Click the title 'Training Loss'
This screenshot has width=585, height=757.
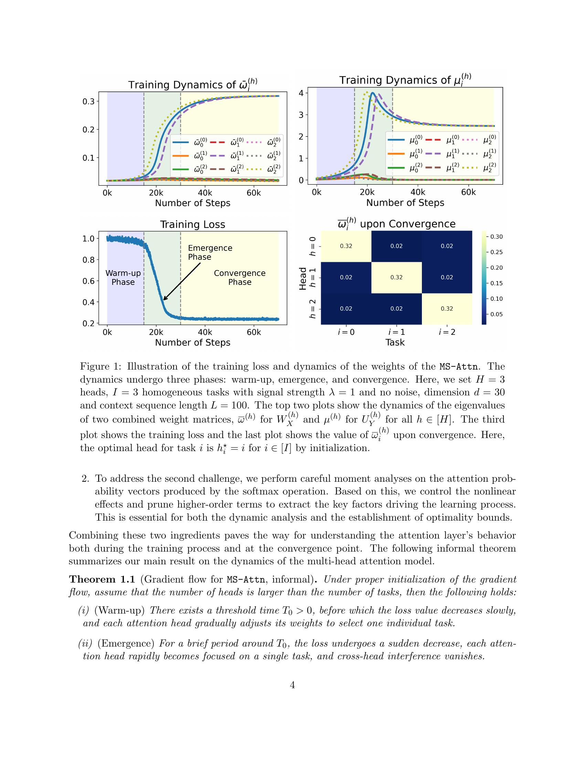click(x=192, y=225)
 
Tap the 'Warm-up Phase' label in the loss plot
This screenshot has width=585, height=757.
click(x=123, y=277)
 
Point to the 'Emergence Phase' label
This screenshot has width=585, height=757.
click(x=210, y=252)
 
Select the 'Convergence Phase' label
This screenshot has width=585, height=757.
click(x=240, y=277)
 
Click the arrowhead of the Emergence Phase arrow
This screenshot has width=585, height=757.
click(x=164, y=299)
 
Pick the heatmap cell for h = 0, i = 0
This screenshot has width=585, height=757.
click(x=346, y=246)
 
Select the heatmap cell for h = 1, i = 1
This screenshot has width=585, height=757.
click(x=396, y=277)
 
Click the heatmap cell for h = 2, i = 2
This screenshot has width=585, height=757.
click(x=447, y=309)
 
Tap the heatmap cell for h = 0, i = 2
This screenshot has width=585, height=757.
click(x=447, y=246)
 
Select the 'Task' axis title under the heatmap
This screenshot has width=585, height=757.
click(x=395, y=342)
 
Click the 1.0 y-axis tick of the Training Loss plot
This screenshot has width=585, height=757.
click(x=88, y=238)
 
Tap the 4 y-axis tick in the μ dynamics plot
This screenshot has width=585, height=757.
click(x=301, y=93)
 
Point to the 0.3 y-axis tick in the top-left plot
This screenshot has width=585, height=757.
click(x=88, y=102)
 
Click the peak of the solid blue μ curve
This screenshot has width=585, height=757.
click(x=372, y=93)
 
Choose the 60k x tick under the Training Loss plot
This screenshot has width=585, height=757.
click(x=254, y=332)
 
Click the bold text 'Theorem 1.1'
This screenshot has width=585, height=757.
click(x=102, y=579)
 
